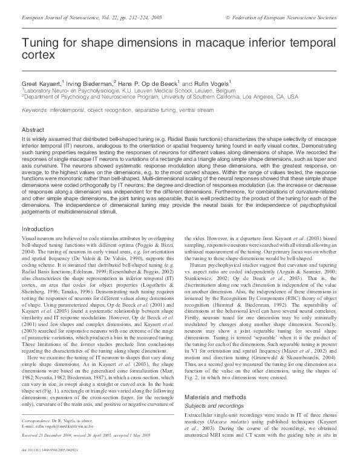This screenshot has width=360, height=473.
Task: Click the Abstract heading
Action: coord(33,130)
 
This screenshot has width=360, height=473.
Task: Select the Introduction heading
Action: coord(38,229)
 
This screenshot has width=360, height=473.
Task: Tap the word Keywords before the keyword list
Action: coord(34,110)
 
